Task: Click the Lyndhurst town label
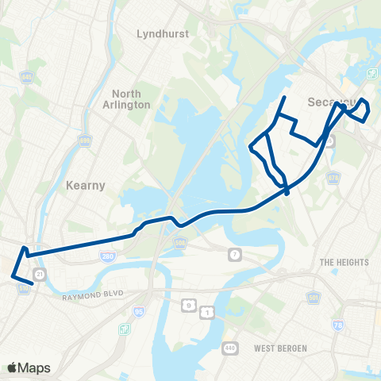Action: click(160, 34)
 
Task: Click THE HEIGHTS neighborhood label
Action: click(344, 262)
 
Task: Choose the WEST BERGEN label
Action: click(280, 348)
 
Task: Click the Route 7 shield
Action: click(234, 254)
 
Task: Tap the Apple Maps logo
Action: click(29, 368)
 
